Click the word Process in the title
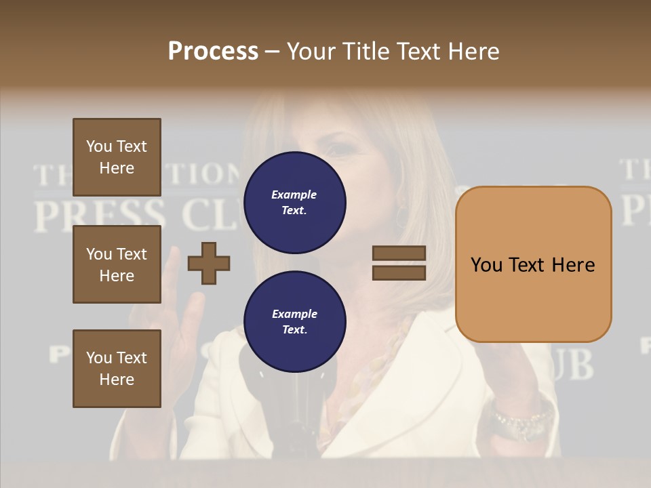point(213,52)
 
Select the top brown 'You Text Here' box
point(117,157)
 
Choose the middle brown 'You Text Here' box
point(117,264)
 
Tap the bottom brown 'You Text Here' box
point(117,369)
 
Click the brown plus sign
point(209,264)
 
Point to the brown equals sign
point(399,263)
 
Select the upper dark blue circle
point(294,202)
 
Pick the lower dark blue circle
point(294,322)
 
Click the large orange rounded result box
point(533,264)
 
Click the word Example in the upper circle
point(294,195)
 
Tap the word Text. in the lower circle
point(294,330)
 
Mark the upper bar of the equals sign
point(399,253)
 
